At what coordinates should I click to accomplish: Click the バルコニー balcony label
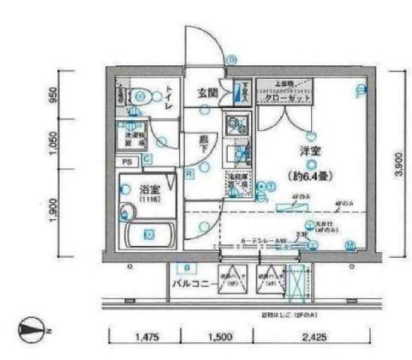192,281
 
